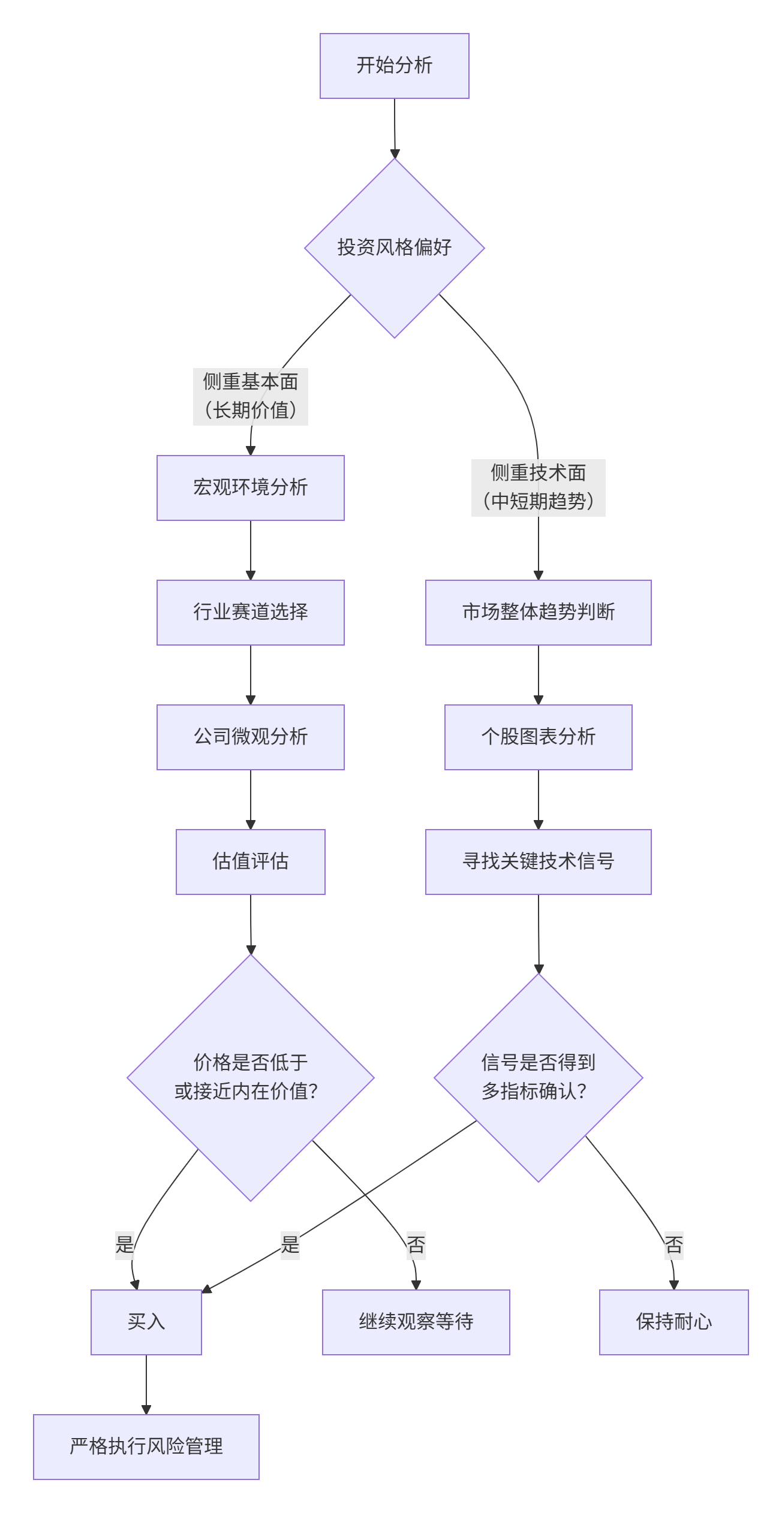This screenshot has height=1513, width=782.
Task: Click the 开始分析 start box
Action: [394, 66]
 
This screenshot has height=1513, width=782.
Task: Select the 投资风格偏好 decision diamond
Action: [394, 248]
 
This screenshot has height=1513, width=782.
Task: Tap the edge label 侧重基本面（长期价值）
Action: [250, 396]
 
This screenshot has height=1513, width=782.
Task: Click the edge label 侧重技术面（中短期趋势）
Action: [538, 487]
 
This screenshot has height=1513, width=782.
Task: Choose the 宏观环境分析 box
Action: [250, 487]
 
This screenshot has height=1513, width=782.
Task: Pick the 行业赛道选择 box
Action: [250, 612]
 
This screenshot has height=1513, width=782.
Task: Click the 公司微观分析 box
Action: [250, 737]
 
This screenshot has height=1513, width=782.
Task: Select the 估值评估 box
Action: [250, 861]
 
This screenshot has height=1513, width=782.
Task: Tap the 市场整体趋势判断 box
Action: [538, 612]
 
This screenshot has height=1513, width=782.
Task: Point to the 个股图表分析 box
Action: [538, 737]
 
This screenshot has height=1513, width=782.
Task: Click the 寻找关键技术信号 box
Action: [538, 861]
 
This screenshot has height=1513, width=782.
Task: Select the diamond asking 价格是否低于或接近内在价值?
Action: [250, 1077]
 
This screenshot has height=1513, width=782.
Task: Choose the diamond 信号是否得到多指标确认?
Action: [538, 1077]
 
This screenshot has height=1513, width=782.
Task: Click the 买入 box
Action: [146, 1322]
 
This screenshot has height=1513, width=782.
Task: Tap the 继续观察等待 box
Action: [416, 1322]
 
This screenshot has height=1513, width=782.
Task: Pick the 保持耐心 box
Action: [673, 1322]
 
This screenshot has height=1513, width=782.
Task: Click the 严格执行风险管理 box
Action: [146, 1446]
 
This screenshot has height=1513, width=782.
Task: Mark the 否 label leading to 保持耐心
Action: [673, 1245]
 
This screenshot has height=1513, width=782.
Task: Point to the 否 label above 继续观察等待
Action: [416, 1245]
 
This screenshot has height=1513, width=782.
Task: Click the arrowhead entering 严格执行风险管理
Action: [146, 1409]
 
